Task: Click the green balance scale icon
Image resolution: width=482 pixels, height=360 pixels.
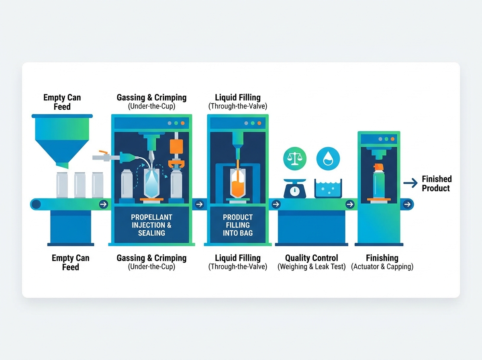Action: [x=295, y=158]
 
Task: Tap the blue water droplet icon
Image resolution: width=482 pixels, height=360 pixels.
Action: [x=328, y=158]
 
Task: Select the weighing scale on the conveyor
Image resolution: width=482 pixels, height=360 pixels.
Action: [x=295, y=188]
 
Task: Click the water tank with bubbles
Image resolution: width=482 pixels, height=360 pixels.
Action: [x=328, y=188]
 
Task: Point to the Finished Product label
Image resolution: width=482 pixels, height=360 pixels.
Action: [x=437, y=183]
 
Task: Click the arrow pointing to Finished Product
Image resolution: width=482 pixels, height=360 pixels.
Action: [x=411, y=183]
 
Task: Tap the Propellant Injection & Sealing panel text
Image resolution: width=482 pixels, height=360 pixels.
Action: [x=151, y=225]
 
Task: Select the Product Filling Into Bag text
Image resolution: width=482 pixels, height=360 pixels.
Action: [x=238, y=225]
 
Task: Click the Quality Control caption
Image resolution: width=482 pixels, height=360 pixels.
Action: [x=311, y=262]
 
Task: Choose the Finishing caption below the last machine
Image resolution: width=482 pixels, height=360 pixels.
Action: [x=382, y=262]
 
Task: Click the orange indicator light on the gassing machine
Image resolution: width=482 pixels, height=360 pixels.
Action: [x=182, y=123]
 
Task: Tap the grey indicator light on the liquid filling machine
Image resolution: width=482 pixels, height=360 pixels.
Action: [x=246, y=123]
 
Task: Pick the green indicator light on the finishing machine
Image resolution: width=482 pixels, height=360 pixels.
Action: [x=386, y=139]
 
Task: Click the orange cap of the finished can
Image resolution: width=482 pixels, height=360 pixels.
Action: [x=379, y=167]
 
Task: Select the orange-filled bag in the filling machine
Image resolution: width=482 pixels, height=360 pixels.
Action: [x=238, y=183]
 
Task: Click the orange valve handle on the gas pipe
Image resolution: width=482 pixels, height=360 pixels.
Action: [x=103, y=152]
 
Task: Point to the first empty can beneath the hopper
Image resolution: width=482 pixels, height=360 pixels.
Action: [x=62, y=185]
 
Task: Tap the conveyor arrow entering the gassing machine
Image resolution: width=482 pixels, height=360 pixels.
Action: [x=103, y=204]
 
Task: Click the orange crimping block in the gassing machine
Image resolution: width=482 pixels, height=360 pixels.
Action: [x=176, y=147]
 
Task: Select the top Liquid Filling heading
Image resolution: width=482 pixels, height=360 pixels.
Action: [x=238, y=97]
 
